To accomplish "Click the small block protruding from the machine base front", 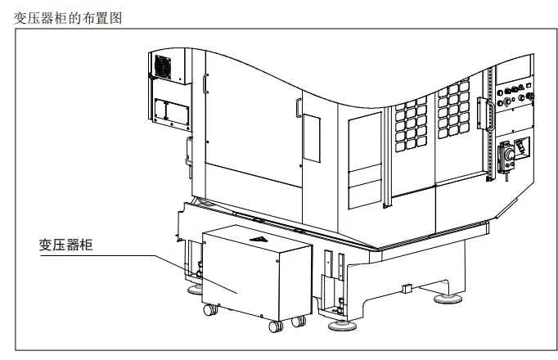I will pyautogui.click(x=407, y=287).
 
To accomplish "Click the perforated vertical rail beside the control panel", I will pyautogui.click(x=491, y=123).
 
